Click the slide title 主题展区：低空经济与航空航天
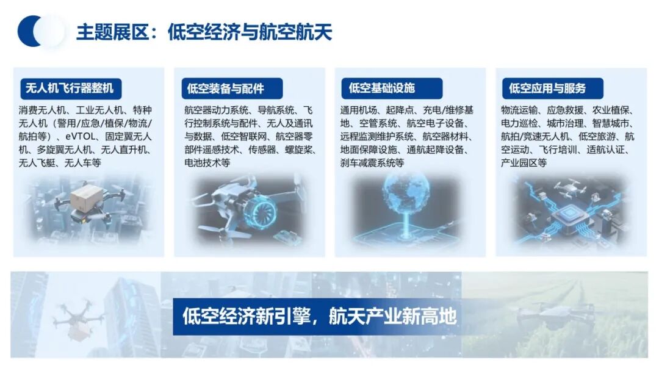(x=204, y=32)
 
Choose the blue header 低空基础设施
(x=382, y=87)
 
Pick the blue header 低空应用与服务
(x=547, y=88)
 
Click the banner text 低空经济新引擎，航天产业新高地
(x=319, y=316)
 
